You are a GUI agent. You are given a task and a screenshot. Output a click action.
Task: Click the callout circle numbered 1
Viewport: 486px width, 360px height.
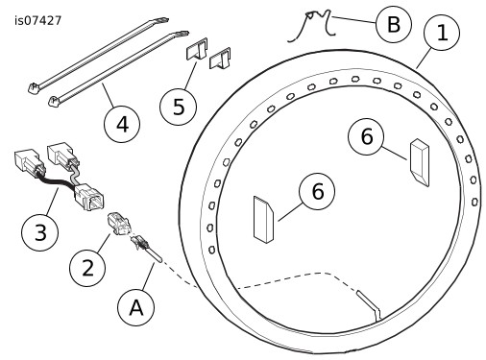pos(442,33)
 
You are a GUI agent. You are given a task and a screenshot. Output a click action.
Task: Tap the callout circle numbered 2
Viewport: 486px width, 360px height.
pos(87,268)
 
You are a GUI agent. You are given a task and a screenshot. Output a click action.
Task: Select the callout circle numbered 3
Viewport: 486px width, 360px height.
pos(40,232)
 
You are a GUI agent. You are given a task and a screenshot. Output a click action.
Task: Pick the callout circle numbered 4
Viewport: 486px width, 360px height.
pos(122,124)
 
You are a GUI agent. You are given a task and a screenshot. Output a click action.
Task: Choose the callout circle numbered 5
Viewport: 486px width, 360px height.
pos(178,107)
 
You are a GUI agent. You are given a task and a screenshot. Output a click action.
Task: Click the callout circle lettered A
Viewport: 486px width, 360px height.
pos(136,307)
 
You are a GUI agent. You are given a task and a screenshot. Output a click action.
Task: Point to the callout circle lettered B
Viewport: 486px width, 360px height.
pos(394,25)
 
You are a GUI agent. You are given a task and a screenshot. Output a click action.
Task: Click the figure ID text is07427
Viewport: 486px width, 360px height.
pos(37,21)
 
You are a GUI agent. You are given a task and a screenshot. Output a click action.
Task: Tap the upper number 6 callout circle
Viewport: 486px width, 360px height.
pos(367,136)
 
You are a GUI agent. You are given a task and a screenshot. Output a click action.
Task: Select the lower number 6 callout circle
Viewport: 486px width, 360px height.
pos(317,191)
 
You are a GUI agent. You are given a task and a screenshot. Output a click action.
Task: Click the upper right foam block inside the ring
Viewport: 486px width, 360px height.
pos(420,162)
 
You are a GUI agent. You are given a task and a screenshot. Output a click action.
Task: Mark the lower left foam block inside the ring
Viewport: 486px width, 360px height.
pos(264,220)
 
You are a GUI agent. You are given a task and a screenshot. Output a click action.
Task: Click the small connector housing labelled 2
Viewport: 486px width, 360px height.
pos(119,224)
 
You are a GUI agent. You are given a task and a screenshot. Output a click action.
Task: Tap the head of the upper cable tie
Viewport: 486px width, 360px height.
pos(33,87)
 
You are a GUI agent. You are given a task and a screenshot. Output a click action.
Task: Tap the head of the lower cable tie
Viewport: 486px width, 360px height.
pos(55,101)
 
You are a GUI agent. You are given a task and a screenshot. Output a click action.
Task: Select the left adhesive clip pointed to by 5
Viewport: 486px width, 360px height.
pos(197,49)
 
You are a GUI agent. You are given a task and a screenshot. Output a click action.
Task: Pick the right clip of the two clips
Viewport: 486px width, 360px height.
pos(220,59)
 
